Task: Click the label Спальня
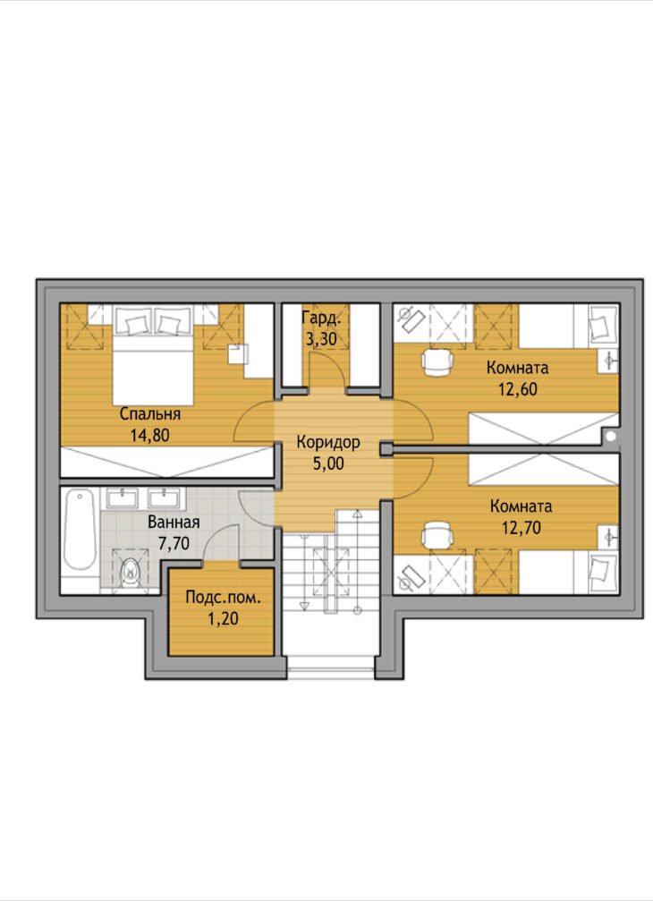click(x=150, y=414)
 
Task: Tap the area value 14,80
click(x=150, y=436)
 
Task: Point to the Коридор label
click(x=328, y=443)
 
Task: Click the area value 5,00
click(x=328, y=463)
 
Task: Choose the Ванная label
click(x=174, y=523)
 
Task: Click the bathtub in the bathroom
click(x=80, y=530)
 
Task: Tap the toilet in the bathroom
click(x=131, y=571)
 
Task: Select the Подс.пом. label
click(x=223, y=599)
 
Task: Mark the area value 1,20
click(x=223, y=619)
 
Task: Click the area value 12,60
click(x=517, y=389)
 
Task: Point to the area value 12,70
click(x=521, y=528)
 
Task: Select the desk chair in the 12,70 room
click(x=437, y=535)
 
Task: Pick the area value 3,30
click(x=321, y=339)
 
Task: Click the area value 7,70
click(x=174, y=543)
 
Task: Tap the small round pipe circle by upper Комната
click(x=610, y=438)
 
